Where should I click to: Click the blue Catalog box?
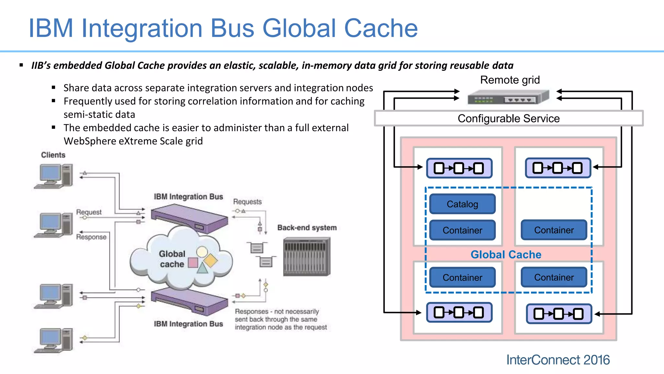(462, 204)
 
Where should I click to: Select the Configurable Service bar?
(508, 118)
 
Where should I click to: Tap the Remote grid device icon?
(508, 97)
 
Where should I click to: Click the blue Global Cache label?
(506, 255)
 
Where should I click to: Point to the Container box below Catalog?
(462, 230)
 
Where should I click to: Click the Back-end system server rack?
(307, 256)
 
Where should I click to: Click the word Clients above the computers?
(53, 155)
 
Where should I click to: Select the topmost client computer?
(54, 176)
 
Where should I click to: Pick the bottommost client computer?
(54, 340)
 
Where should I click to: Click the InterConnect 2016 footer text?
(558, 360)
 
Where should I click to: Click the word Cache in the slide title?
(381, 29)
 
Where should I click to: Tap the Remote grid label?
(510, 80)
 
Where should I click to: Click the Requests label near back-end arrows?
(247, 202)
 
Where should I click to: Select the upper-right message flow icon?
(558, 168)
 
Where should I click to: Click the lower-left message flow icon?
(459, 312)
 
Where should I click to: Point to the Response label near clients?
(91, 237)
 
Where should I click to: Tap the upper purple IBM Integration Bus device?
(190, 218)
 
